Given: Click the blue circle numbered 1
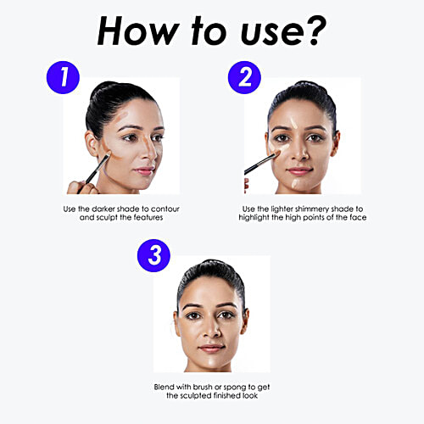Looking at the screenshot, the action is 63,77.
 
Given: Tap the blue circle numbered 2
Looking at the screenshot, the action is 244,77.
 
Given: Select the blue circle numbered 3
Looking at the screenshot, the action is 153,255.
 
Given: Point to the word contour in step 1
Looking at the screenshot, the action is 165,209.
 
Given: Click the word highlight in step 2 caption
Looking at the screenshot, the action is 254,217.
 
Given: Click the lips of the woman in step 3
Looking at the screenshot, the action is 212,349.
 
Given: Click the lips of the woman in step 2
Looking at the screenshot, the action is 299,170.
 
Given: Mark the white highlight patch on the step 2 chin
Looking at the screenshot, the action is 296,183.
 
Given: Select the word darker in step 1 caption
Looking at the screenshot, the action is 103,209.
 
